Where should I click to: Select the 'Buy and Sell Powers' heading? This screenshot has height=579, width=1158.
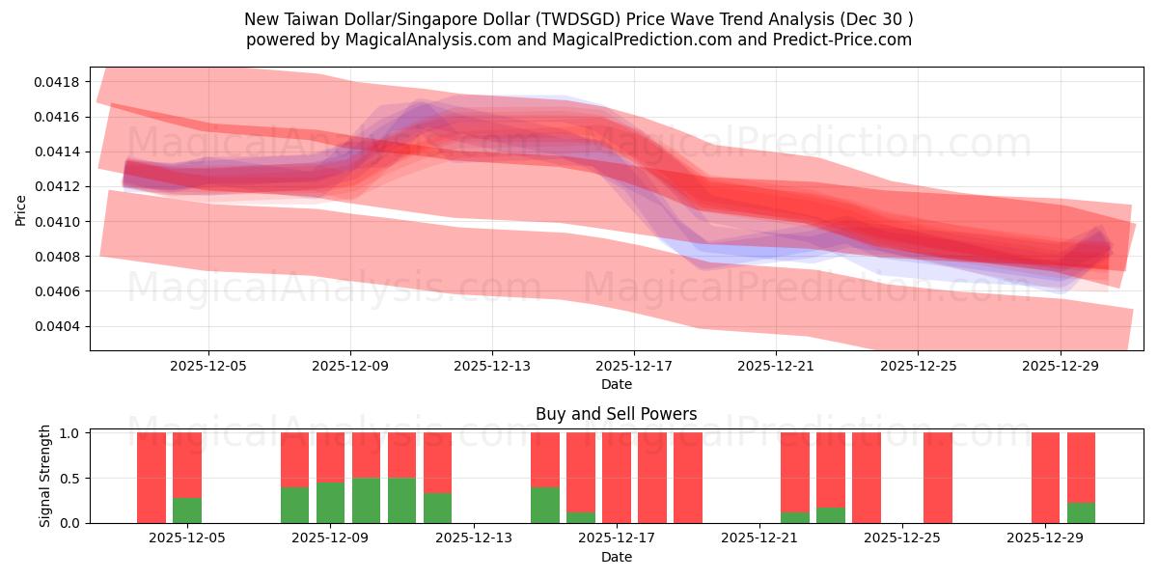[616, 414]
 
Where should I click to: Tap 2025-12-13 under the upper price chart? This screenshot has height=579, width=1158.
[492, 366]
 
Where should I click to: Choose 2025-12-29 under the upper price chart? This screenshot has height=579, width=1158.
[1060, 366]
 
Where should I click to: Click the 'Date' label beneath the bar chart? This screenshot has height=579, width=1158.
[616, 557]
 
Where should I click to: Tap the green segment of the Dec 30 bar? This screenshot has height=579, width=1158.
[1081, 512]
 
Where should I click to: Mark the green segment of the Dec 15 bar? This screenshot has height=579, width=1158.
[545, 505]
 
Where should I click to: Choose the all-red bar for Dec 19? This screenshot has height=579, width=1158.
[688, 478]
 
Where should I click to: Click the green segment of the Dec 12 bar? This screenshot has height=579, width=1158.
[437, 508]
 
